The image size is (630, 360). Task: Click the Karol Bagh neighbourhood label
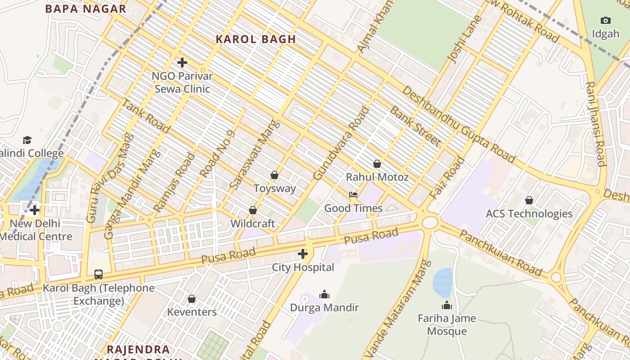[256, 39]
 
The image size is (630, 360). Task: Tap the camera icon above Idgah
[606, 20]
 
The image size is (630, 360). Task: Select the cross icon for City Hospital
[303, 254]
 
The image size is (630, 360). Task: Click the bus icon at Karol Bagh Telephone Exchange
[98, 274]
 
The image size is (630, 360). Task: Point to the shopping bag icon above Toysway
[274, 175]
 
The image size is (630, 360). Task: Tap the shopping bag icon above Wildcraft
[253, 210]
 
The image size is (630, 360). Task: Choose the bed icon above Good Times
[353, 195]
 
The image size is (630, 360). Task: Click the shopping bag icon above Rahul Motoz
[377, 164]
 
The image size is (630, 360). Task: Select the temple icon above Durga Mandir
[324, 295]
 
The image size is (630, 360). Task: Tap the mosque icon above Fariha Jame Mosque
[447, 305]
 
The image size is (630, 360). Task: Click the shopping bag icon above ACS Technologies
[529, 200]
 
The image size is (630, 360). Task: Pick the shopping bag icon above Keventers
[192, 299]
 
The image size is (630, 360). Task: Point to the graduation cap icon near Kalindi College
[27, 140]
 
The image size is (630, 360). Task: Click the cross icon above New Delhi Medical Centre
[35, 210]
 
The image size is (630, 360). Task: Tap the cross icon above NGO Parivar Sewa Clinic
[182, 63]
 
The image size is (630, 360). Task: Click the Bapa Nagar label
[85, 9]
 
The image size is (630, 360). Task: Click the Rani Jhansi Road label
[595, 124]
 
